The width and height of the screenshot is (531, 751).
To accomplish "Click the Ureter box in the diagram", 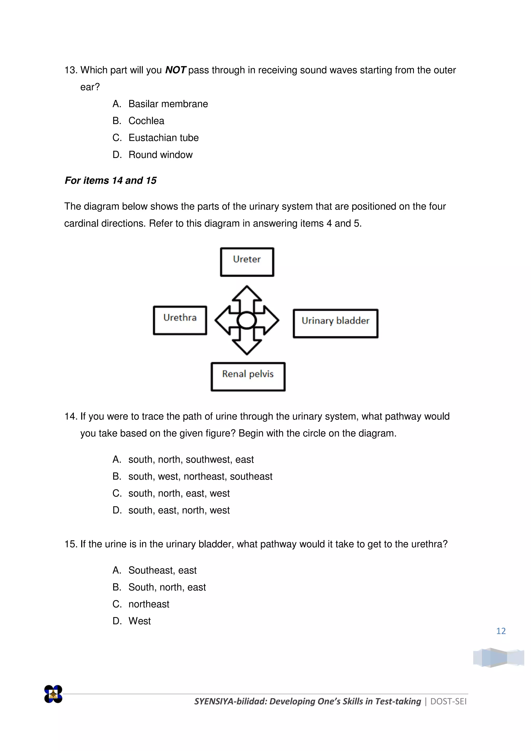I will (x=247, y=262).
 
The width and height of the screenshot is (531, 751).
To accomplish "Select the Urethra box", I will (x=180, y=320).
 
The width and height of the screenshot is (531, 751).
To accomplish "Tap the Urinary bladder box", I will (x=336, y=323).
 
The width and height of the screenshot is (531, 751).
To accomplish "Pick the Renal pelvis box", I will (x=248, y=377).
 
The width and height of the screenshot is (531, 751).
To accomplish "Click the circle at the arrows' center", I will (x=247, y=320).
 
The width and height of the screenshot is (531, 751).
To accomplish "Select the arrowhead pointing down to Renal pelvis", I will (x=247, y=347).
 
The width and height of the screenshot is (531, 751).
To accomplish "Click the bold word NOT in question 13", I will (x=176, y=70).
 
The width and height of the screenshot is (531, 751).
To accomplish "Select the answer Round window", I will (x=160, y=155).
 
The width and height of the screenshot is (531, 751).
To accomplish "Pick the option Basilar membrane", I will (x=168, y=104).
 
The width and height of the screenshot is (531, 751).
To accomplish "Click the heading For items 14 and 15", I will (x=110, y=180).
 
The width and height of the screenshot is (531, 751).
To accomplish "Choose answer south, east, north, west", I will (x=179, y=510).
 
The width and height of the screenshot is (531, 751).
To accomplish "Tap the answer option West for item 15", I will (x=139, y=621).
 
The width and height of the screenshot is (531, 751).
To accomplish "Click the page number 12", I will (x=501, y=631).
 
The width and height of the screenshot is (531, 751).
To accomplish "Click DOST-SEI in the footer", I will (x=448, y=701).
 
